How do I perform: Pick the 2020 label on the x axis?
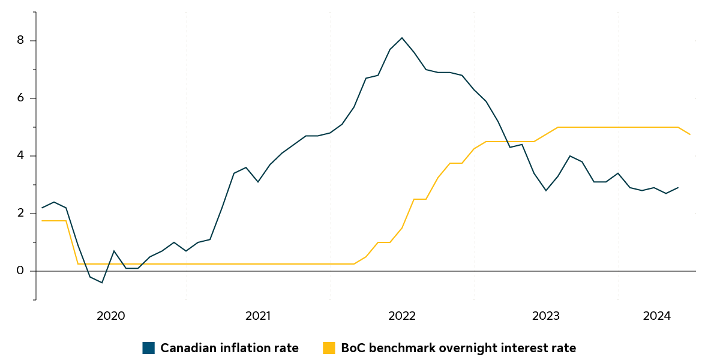[x=110, y=316]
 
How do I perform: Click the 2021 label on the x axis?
[x=258, y=316]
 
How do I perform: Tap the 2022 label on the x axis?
[x=402, y=316]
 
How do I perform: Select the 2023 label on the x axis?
[x=546, y=316]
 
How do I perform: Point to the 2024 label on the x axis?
[x=656, y=316]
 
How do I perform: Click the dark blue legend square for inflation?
[x=149, y=348]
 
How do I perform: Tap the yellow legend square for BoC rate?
[x=329, y=348]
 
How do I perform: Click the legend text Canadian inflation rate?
[x=229, y=348]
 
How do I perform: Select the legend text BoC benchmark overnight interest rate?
[x=458, y=348]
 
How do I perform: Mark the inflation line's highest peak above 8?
[x=402, y=38]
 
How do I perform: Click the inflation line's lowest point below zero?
[x=102, y=283]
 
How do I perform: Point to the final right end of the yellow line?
[x=690, y=134]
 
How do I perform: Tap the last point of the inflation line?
[x=678, y=187]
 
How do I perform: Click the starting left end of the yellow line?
[x=42, y=221]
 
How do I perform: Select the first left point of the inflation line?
[x=42, y=208]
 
